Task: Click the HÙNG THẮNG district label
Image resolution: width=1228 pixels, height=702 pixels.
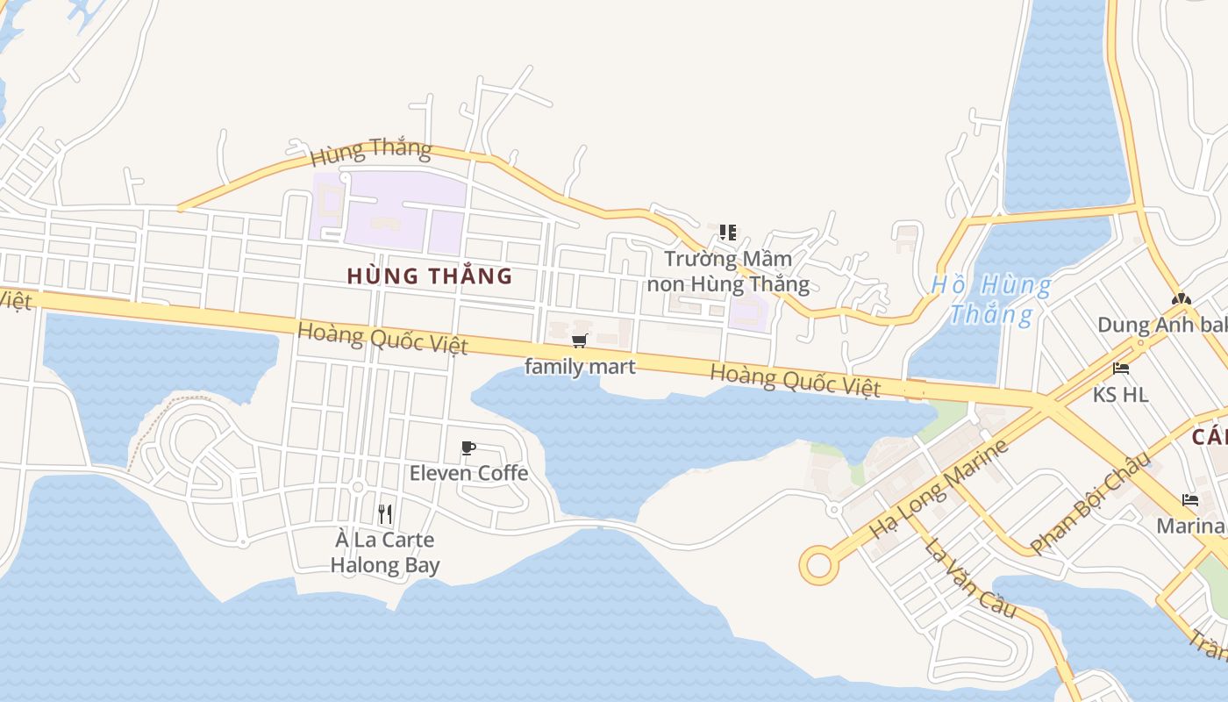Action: coord(429,276)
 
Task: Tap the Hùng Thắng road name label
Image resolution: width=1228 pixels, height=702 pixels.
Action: coord(371,151)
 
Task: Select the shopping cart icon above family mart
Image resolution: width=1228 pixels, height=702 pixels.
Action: coord(579,340)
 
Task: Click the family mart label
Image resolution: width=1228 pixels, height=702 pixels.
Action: coord(579,366)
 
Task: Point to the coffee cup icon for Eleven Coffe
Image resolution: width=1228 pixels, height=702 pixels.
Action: coord(468,448)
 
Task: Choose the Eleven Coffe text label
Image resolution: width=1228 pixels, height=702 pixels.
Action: coord(468,473)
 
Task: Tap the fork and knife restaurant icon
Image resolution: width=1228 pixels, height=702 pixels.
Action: coord(385,513)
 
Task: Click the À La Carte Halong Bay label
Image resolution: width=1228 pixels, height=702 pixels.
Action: coord(385,552)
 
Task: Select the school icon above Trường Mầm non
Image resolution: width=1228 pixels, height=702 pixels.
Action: coord(727,233)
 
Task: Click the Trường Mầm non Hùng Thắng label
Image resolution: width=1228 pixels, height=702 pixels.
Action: coord(728,271)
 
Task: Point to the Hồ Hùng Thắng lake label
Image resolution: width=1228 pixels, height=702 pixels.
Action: coord(991,299)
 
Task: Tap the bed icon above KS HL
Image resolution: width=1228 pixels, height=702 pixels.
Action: coord(1121,369)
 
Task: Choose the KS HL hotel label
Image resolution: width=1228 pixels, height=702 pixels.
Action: coord(1120,394)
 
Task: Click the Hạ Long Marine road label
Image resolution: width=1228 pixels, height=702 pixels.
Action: coord(939,490)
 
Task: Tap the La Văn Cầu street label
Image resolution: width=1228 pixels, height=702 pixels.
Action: coord(969,577)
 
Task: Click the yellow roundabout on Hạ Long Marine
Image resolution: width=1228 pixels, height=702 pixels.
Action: coord(818,565)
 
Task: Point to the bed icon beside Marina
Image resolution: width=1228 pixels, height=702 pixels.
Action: coord(1190,500)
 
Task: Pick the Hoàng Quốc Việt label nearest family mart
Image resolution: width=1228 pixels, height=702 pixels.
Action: coord(382,339)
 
